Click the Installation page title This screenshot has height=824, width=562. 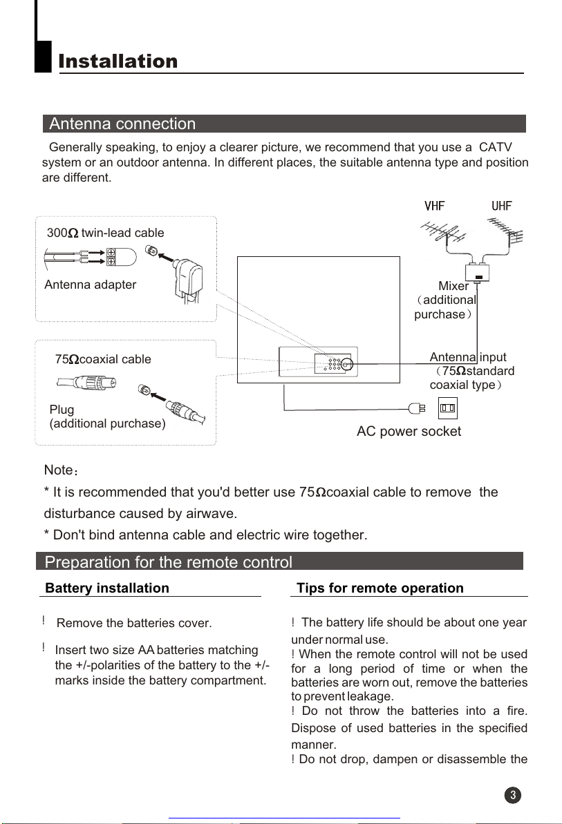click(x=118, y=61)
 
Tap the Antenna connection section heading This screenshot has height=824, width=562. click(x=122, y=124)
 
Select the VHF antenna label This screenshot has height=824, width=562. click(x=434, y=207)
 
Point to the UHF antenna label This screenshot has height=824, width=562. click(x=502, y=207)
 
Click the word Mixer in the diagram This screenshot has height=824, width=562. click(x=453, y=286)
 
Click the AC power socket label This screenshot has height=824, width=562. click(x=409, y=432)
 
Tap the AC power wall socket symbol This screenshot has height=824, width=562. click(x=447, y=408)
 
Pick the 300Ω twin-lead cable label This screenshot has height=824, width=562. click(x=105, y=233)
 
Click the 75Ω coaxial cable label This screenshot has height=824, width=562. click(x=102, y=359)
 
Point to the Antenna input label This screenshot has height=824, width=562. click(x=468, y=357)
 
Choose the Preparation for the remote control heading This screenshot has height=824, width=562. click(x=168, y=562)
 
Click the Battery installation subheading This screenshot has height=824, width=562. click(x=106, y=588)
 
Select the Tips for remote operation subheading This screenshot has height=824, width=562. click(x=380, y=588)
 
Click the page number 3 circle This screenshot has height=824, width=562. click(x=513, y=795)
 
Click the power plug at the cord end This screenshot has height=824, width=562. click(x=417, y=408)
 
